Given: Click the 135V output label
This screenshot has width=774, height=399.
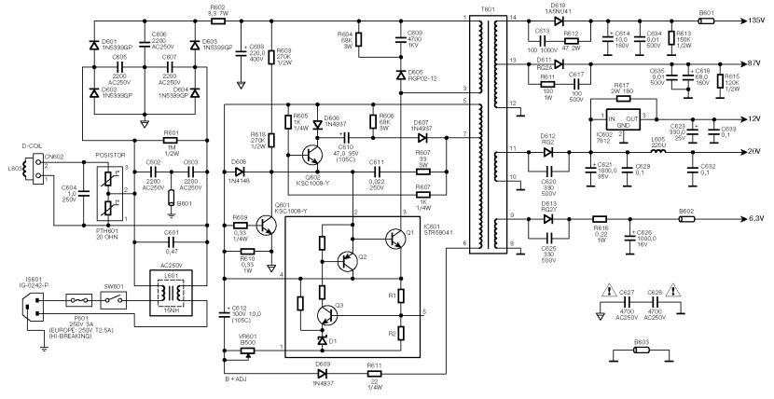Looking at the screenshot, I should [x=757, y=20].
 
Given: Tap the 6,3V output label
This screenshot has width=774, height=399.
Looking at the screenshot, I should [x=756, y=221].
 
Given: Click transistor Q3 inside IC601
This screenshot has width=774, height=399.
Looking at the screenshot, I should [x=326, y=311].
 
